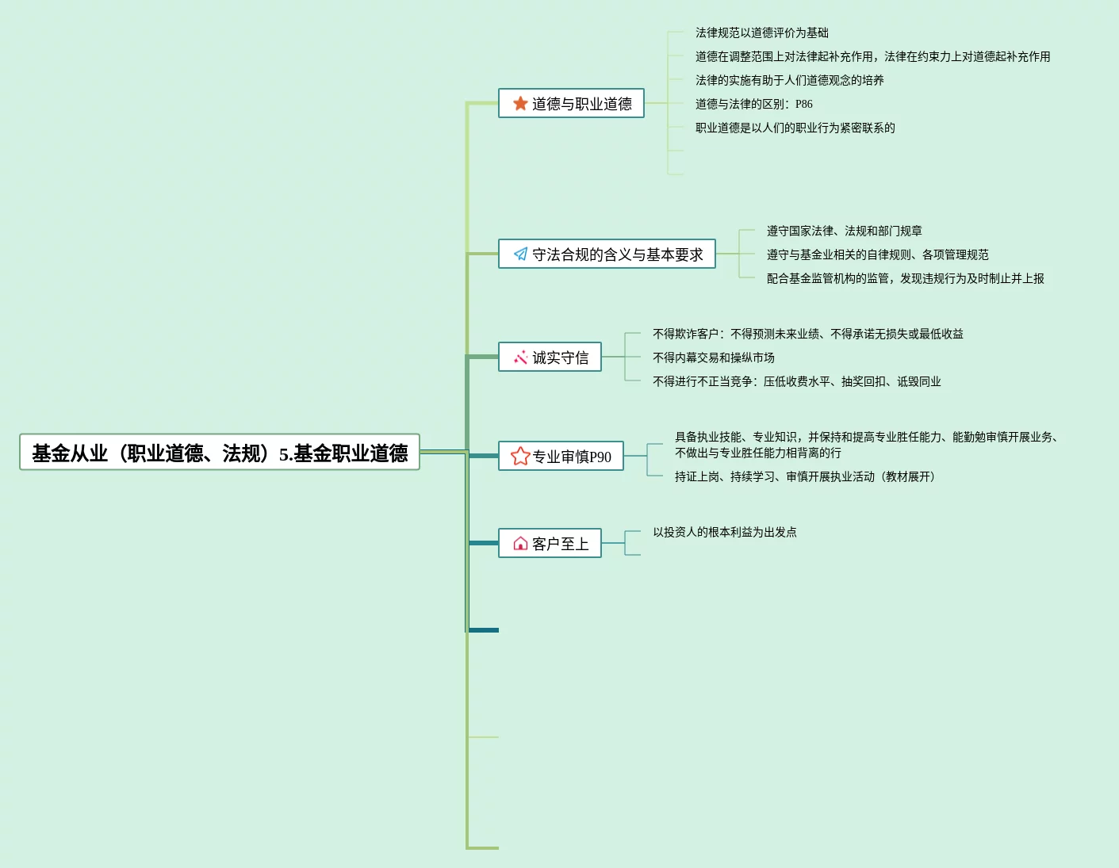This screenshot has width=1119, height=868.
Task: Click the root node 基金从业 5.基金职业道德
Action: [x=220, y=453]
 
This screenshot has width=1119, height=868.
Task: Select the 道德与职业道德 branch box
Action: [x=571, y=104]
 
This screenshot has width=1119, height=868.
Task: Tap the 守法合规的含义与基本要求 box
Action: [x=607, y=254]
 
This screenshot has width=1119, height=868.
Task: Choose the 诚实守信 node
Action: [x=550, y=358]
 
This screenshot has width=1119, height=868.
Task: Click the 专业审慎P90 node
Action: [x=561, y=457]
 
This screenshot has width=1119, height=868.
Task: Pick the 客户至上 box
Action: [x=550, y=544]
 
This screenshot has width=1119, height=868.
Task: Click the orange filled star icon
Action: [x=520, y=104]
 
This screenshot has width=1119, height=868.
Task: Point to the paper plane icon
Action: [x=520, y=254]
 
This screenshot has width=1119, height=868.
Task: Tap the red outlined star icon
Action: [x=520, y=456]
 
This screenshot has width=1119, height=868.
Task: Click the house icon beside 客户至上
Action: [x=520, y=544]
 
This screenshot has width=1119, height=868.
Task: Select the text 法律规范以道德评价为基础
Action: [x=761, y=33]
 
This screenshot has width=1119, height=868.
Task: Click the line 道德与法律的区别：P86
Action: [x=753, y=104]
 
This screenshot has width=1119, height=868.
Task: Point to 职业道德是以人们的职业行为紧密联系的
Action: [x=795, y=128]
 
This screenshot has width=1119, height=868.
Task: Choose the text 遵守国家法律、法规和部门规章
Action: [x=844, y=231]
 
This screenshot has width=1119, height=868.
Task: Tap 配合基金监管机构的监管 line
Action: [x=905, y=278]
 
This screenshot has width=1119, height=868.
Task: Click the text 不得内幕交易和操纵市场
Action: [x=713, y=358]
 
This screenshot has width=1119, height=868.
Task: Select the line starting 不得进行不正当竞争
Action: [x=796, y=381]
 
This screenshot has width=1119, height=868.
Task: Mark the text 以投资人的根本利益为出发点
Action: [x=724, y=532]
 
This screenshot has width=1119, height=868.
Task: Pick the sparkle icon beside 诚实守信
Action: [x=520, y=358]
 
